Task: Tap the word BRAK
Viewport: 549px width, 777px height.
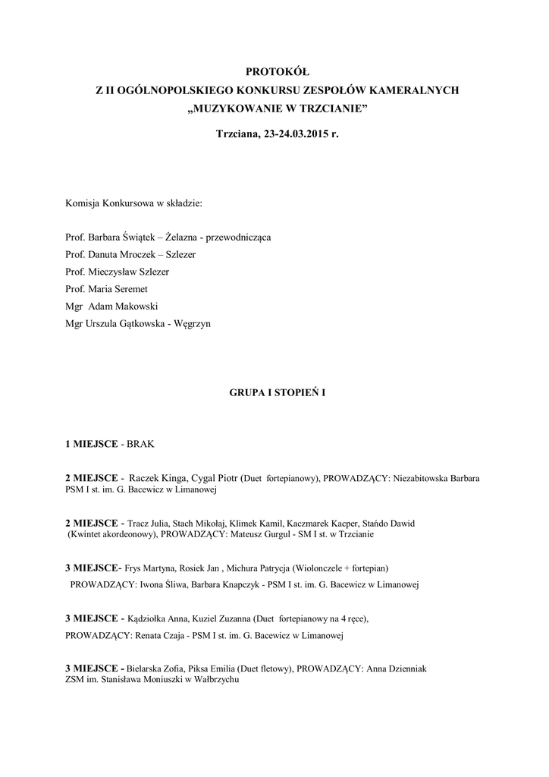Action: tap(140, 443)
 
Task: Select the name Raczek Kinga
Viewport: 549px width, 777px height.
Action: tap(154, 480)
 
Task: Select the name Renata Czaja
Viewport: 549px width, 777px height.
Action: tap(163, 636)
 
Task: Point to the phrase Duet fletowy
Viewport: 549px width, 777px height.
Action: tap(265, 669)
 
